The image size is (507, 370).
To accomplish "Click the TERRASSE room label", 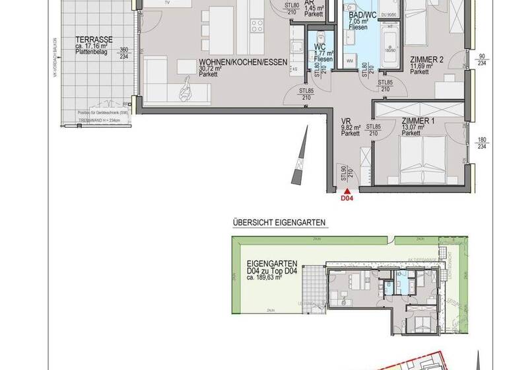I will (x=94, y=38).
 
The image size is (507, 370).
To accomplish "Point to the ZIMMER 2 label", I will (x=426, y=59).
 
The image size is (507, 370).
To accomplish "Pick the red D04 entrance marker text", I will (x=347, y=197).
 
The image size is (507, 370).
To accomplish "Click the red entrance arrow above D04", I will (x=347, y=190).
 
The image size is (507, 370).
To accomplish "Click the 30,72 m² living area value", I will (x=212, y=68).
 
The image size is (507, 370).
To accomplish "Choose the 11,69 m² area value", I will (x=421, y=65).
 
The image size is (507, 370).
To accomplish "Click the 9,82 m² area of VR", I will (x=351, y=128).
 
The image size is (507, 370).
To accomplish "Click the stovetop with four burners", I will (x=257, y=26).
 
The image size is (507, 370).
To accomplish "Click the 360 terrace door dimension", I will (x=122, y=50).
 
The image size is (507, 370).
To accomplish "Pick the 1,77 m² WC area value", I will (x=323, y=54).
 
